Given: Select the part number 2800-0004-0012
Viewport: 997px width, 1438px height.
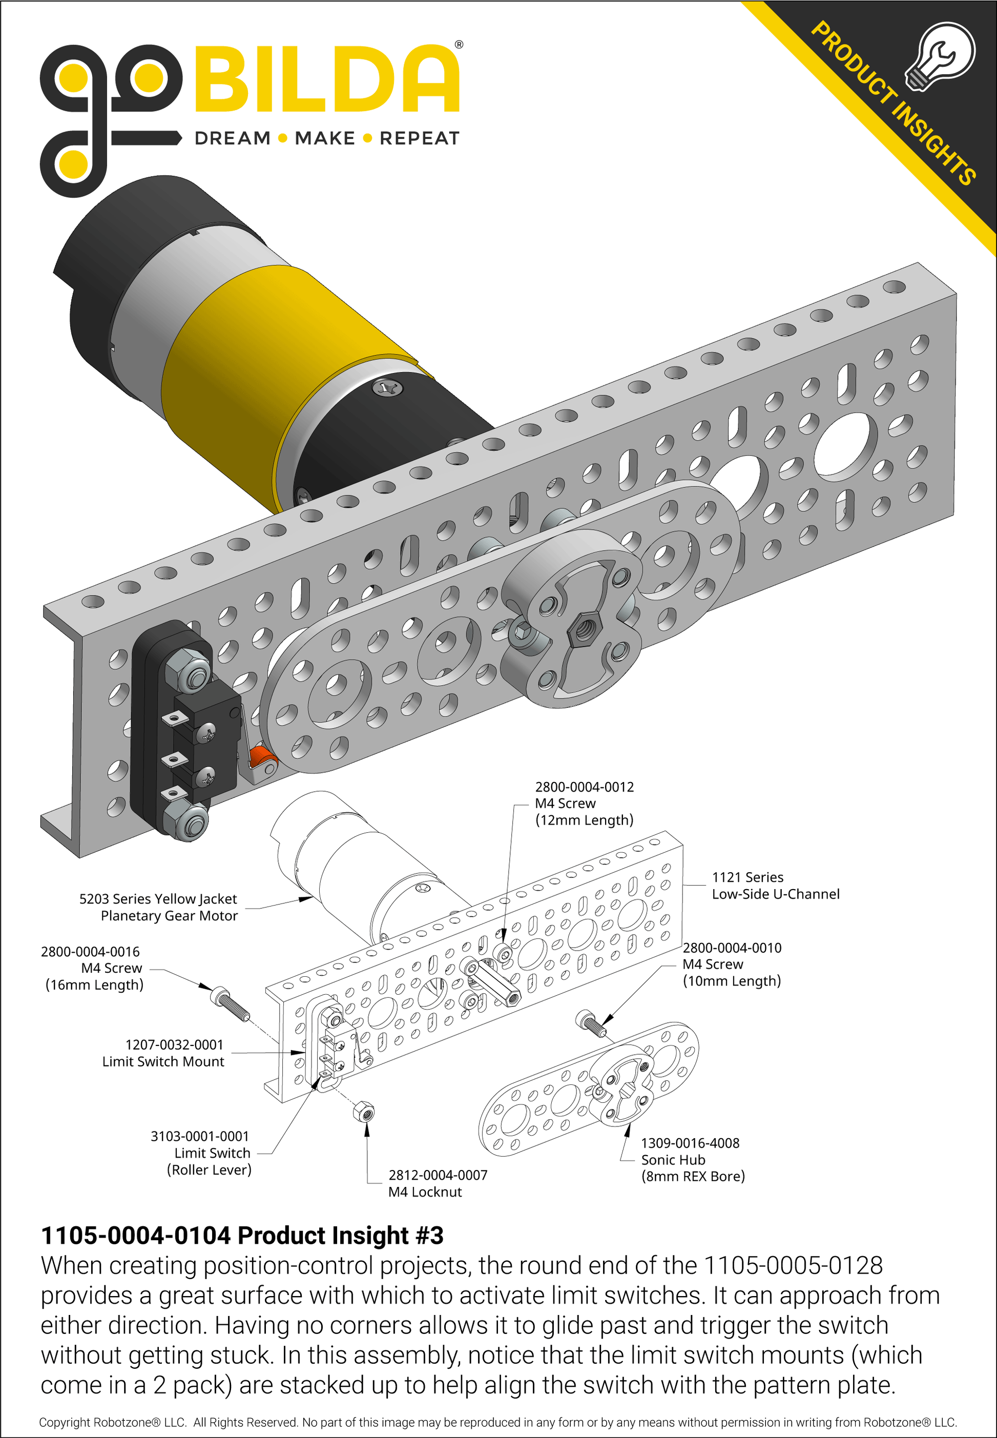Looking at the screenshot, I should [x=584, y=787].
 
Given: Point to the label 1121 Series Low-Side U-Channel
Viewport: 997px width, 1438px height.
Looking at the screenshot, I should [x=775, y=886].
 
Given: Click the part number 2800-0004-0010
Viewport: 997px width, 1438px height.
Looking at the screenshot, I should [x=732, y=948].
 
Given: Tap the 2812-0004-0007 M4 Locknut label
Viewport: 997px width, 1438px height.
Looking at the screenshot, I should [x=438, y=1183].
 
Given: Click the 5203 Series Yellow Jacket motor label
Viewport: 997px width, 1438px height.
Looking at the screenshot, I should [x=159, y=907].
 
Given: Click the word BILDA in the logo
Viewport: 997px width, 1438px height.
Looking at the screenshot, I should [x=327, y=79].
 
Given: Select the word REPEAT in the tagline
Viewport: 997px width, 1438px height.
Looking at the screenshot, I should [x=419, y=138].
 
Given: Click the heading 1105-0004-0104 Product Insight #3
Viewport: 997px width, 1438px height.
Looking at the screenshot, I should [x=242, y=1236].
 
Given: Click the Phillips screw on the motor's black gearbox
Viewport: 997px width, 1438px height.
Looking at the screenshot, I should [x=384, y=388].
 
